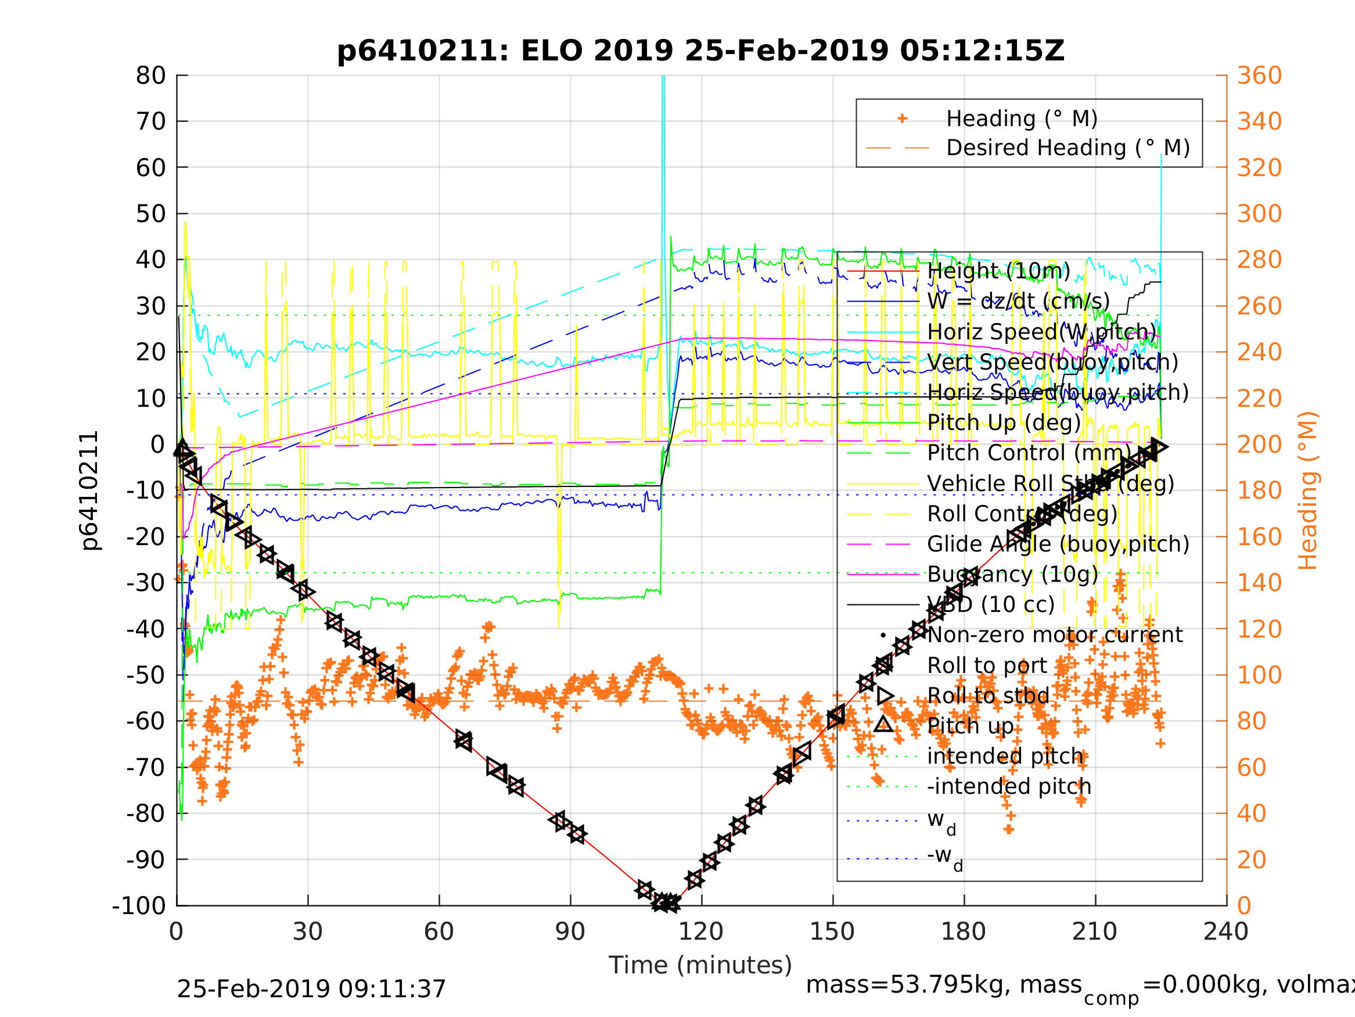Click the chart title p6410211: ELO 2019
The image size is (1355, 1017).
point(700,51)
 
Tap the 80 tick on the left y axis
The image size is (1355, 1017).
point(150,76)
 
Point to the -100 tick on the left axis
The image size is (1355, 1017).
point(139,905)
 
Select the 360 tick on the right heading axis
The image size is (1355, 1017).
point(1259,76)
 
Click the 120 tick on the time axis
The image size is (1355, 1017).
point(701,932)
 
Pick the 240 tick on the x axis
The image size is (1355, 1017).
point(1225,932)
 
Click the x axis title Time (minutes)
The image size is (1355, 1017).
point(700,965)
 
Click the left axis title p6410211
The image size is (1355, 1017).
point(90,490)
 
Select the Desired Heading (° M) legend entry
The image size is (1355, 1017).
point(1068,148)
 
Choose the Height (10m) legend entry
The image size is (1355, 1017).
point(998,270)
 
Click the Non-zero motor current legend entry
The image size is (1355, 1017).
point(1055,635)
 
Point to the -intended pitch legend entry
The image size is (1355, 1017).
point(1009,786)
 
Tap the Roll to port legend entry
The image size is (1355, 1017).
point(987,665)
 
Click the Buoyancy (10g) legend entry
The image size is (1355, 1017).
point(1012,574)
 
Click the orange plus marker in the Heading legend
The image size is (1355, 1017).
point(902,119)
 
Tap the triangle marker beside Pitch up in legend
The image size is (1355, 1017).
point(883,725)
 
